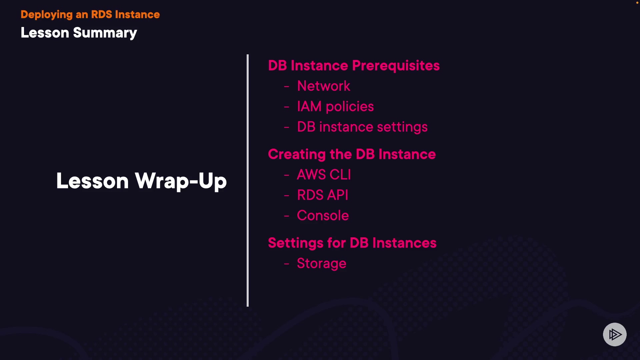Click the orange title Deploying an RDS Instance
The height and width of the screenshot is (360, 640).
tap(90, 15)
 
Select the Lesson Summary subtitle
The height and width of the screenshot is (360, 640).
tap(79, 33)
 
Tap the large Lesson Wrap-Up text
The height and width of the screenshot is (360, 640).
tap(141, 181)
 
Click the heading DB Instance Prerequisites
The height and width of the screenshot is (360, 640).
tap(354, 66)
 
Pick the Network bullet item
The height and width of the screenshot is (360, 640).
tap(323, 86)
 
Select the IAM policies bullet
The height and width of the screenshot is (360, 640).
tap(335, 107)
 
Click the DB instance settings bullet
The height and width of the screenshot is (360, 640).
tap(362, 127)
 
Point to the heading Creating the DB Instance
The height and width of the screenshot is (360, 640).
tap(352, 154)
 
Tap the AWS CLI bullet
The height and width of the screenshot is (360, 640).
tap(324, 175)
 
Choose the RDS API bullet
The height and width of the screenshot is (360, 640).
tap(322, 195)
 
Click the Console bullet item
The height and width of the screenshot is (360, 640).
tap(323, 216)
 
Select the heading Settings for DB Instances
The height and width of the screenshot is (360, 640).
tap(352, 243)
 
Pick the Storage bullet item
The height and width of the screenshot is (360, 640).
tap(321, 263)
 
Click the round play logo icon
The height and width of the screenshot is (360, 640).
tap(615, 334)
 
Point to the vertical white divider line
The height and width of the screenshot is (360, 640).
tap(248, 180)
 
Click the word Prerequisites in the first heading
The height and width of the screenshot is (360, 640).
tap(396, 66)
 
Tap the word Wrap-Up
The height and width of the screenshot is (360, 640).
tap(181, 181)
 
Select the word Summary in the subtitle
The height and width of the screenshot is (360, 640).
tap(105, 33)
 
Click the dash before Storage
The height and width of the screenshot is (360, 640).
tap(286, 264)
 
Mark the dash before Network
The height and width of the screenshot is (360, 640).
tap(286, 86)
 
